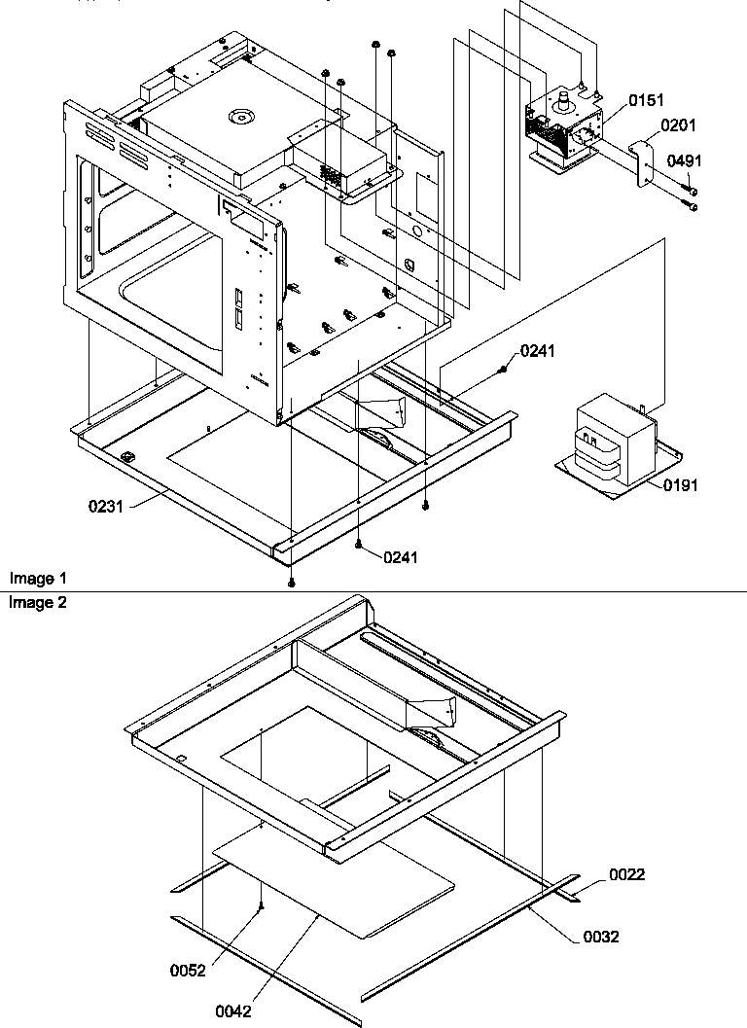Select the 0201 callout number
coord(679,125)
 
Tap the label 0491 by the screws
coord(684,160)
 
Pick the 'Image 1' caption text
coord(32,579)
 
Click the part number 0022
coord(627,875)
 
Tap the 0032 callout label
coord(600,938)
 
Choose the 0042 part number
coord(234,1011)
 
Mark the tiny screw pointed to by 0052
coord(262,906)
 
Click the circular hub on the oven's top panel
coord(239,119)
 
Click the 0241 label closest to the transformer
coord(538,351)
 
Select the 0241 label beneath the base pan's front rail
coord(401,557)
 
